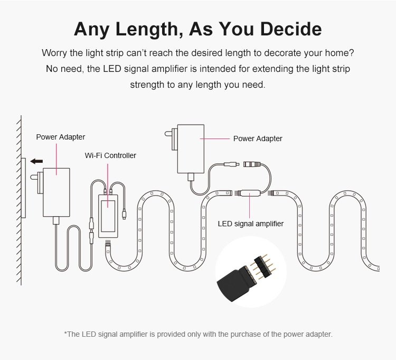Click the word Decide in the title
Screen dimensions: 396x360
point(291,29)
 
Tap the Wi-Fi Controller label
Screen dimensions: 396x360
point(110,155)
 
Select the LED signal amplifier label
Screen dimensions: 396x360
point(250,224)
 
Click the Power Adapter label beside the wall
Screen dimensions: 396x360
point(61,137)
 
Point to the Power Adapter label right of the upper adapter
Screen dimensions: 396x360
point(258,139)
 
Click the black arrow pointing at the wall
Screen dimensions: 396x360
point(36,161)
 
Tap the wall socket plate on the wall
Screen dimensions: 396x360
point(23,188)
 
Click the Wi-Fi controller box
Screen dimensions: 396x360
point(108,216)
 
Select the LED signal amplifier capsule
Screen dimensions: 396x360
point(250,193)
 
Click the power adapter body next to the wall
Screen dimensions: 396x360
point(56,192)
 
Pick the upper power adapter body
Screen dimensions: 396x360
point(191,149)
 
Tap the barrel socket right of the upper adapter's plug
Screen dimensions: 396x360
point(252,164)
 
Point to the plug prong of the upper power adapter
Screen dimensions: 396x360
point(168,133)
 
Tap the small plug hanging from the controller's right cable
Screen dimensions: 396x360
point(124,215)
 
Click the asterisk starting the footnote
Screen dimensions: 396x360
point(65,333)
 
